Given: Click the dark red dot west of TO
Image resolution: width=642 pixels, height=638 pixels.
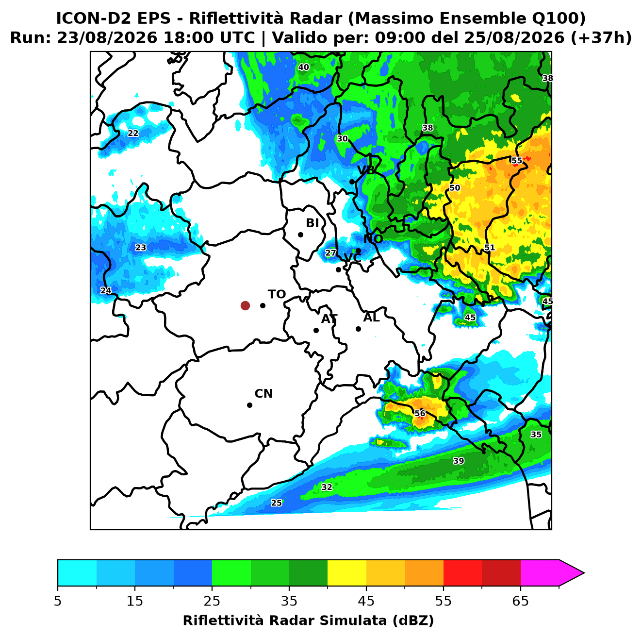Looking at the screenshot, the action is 245,305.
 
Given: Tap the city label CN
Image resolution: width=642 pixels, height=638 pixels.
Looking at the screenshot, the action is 263,394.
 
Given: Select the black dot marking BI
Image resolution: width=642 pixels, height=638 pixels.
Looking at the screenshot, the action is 300,235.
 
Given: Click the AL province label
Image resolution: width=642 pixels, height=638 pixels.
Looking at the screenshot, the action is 371,318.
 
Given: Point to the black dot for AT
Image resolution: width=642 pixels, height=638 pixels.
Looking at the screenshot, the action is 316,330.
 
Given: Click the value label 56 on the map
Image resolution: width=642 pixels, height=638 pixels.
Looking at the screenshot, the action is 420,414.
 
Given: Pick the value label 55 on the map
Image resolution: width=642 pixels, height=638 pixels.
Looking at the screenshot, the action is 516,160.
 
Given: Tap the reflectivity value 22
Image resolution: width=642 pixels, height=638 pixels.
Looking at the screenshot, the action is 133,133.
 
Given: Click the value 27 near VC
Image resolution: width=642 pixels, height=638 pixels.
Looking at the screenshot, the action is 330,253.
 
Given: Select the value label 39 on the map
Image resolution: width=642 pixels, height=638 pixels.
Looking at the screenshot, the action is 459,461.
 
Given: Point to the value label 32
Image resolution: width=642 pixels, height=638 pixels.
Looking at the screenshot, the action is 327,487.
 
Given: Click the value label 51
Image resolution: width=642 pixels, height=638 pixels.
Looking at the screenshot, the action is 490,248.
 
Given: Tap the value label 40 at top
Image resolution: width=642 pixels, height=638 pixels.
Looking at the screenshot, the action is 303,67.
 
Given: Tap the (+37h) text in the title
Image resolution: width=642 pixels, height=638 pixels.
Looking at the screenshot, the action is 601,38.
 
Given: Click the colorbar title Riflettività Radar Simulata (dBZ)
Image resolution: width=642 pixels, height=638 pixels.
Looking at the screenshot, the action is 309,621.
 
